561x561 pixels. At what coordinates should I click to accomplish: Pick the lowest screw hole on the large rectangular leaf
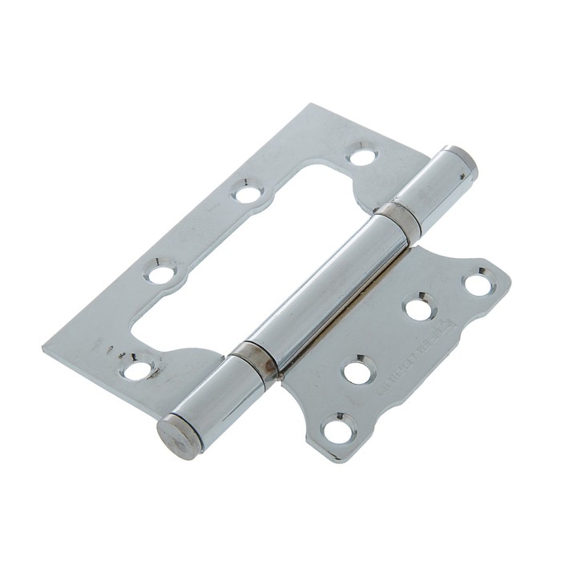137,369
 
